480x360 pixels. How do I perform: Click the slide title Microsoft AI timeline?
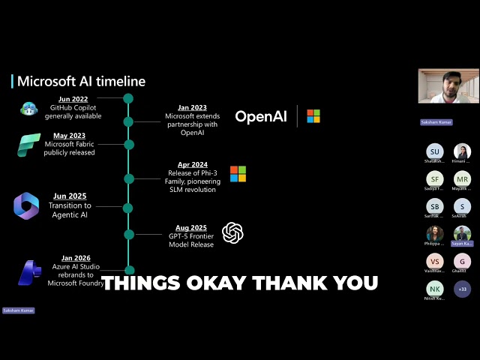point(81,81)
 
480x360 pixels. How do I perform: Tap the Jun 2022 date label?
point(73,98)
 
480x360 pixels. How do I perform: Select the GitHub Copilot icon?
point(29,108)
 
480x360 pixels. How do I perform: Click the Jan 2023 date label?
point(192,107)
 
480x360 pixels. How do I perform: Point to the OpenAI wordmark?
point(262,116)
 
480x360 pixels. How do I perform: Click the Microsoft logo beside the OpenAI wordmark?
point(313,115)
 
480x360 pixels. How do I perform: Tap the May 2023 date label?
point(69,135)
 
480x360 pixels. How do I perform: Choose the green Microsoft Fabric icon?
point(28,144)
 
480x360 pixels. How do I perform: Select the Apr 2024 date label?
point(192,164)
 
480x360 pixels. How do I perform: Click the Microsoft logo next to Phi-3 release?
point(238,174)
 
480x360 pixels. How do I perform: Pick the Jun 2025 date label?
point(70,196)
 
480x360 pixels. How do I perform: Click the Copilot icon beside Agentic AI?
point(26,205)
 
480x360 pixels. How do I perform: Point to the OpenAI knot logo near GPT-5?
point(233,233)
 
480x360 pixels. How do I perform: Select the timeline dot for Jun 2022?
point(128,98)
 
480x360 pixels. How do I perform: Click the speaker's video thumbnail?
point(448,86)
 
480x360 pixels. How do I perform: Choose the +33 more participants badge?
point(462,288)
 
